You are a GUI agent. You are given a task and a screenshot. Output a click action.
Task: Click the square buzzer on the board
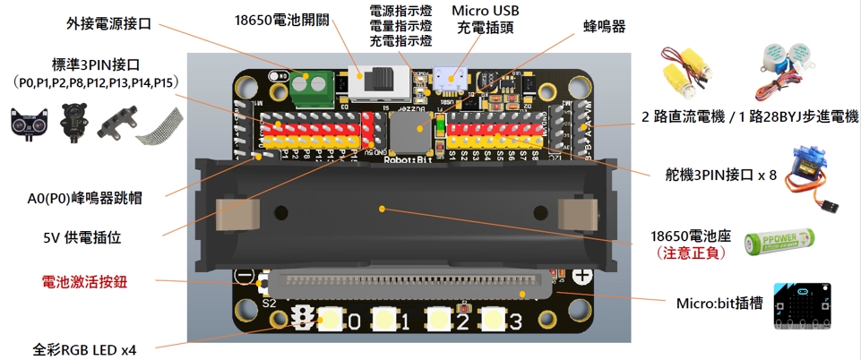[408, 134]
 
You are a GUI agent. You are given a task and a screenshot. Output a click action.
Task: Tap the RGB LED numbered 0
[332, 320]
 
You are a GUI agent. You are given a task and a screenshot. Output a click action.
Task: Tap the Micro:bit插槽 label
[720, 304]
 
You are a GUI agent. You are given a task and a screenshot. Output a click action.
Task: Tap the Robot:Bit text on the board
[407, 161]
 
